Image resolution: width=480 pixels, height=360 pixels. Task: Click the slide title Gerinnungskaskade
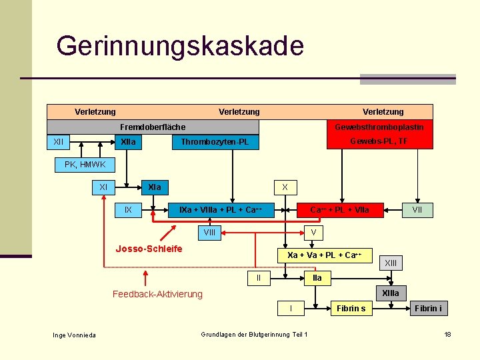[x=180, y=46]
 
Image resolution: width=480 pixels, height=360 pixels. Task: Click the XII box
[x=59, y=142]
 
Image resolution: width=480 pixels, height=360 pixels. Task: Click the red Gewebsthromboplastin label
[x=379, y=127]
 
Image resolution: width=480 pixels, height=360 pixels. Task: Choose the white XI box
[x=103, y=187]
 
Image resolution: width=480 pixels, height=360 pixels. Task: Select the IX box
[x=128, y=210]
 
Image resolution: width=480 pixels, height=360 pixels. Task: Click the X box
[x=285, y=187]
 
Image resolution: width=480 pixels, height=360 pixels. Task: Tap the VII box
[x=417, y=210]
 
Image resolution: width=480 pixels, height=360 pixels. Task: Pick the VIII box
[x=209, y=233]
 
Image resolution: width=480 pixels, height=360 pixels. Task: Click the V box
[x=313, y=233]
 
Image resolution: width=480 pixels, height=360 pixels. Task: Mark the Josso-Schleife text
[x=149, y=249]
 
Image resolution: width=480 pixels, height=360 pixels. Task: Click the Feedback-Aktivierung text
[x=157, y=294]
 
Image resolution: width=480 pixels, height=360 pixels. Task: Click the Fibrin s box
[x=351, y=308]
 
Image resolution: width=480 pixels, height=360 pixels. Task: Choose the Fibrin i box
[x=428, y=308]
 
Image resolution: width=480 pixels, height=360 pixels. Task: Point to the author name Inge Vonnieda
[x=75, y=335]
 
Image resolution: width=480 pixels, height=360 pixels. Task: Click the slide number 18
[x=448, y=334]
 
